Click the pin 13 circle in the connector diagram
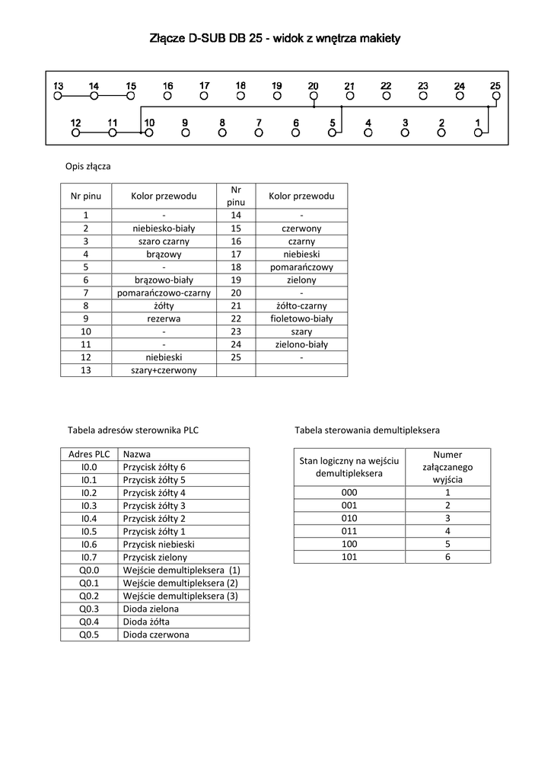point(58,97)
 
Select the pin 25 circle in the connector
point(495,97)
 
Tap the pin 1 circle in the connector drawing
point(478,133)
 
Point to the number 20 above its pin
point(313,86)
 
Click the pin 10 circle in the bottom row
point(149,133)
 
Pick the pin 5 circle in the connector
point(332,133)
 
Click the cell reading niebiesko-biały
point(164,229)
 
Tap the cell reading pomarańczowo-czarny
point(164,292)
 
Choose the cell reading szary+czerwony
point(164,370)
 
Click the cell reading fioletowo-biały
point(301,318)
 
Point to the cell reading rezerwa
point(164,318)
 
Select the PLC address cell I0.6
point(89,544)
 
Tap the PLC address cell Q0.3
point(89,609)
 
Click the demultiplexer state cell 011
point(349,531)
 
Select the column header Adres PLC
point(89,453)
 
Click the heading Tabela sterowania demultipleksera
point(367,430)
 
